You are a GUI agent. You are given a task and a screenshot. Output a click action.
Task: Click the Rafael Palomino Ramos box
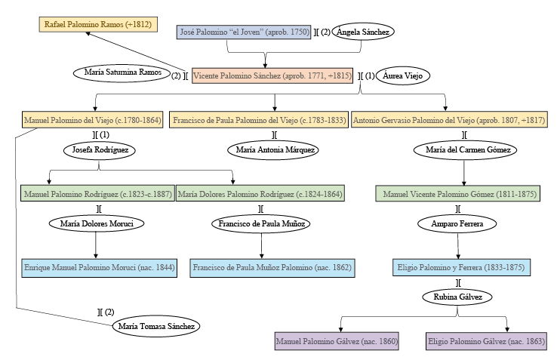(98, 25)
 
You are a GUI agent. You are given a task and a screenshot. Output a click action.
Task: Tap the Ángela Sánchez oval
(364, 32)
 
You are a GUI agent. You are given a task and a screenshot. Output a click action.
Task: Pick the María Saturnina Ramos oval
(122, 73)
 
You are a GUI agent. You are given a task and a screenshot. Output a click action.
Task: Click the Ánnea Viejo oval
(402, 75)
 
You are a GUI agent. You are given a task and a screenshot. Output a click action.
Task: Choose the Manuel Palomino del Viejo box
(93, 120)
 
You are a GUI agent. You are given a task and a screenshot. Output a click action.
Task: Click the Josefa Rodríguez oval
(100, 150)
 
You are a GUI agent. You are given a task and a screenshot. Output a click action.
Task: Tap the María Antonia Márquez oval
(272, 150)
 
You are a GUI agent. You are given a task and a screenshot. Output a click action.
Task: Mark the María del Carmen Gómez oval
(463, 150)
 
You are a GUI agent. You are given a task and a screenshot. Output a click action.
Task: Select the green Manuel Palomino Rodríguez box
(97, 194)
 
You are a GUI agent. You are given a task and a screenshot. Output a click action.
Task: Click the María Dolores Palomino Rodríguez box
(260, 194)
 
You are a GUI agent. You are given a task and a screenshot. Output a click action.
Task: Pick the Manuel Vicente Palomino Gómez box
(456, 194)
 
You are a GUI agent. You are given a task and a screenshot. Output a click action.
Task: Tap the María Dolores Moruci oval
(96, 224)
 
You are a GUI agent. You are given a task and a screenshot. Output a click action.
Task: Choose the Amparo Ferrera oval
(458, 224)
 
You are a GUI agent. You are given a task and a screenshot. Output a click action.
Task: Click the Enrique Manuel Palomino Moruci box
(100, 268)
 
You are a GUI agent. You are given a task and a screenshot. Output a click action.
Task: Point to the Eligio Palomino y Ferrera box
(462, 267)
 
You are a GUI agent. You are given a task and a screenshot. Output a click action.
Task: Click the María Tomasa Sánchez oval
(156, 327)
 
